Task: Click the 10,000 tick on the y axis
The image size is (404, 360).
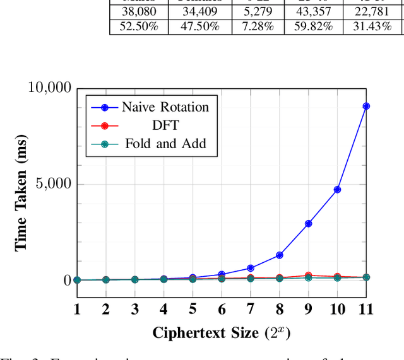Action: point(50,88)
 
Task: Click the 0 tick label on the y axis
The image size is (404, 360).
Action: point(67,280)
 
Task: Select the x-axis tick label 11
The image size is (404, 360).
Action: point(366,309)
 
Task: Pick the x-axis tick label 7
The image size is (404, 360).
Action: point(250,309)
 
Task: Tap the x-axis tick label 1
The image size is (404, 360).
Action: point(76,309)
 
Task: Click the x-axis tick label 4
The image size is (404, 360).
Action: point(163,309)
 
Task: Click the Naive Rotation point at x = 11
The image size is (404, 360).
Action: point(366,106)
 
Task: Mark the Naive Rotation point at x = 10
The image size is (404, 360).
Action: point(337,189)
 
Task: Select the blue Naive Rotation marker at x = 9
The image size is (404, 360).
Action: point(308,223)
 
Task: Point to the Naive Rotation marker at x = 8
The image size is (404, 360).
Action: point(279,255)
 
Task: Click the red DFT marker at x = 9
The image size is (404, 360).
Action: point(308,276)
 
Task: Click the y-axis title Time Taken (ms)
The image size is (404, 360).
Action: point(21,192)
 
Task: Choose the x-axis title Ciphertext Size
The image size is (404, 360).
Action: point(221,332)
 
